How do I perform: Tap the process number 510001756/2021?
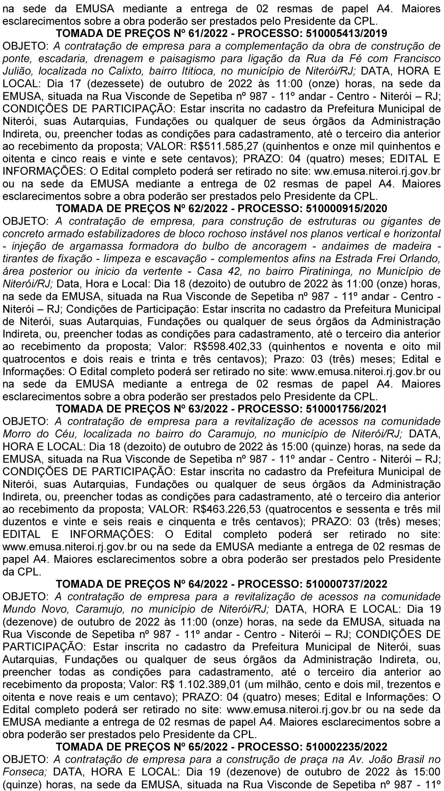point(346,409)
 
